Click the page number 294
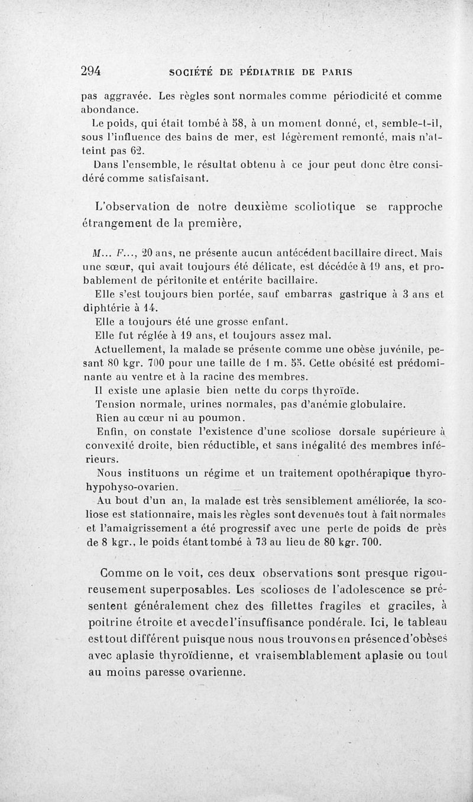tap(92, 71)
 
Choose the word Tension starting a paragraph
tap(113, 405)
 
